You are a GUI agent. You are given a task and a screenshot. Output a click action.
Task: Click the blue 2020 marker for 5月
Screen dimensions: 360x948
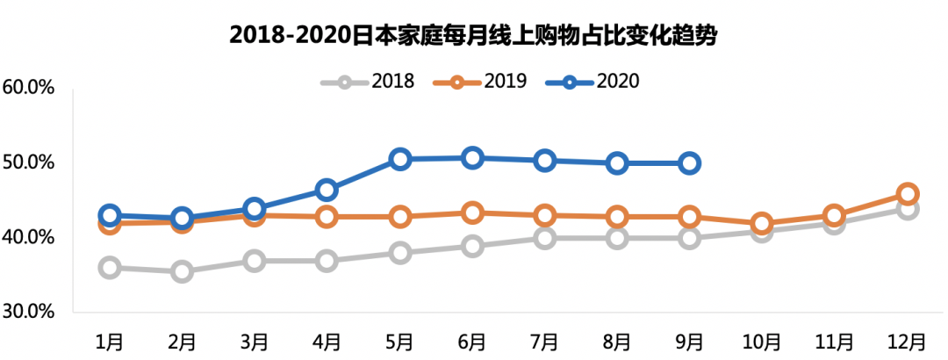coord(400,159)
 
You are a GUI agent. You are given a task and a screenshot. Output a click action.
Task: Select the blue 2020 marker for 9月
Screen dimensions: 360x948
coord(690,162)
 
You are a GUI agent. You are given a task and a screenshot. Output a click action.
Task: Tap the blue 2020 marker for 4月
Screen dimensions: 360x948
coord(327,190)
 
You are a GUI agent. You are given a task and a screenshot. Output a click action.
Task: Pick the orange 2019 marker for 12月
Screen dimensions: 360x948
coord(908,194)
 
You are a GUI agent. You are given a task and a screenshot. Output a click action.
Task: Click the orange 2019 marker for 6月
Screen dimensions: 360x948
coord(472,212)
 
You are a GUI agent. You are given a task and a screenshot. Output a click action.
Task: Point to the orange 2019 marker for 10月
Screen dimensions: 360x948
coord(762,224)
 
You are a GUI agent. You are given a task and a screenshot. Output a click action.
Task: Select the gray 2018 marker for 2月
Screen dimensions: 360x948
coord(182,271)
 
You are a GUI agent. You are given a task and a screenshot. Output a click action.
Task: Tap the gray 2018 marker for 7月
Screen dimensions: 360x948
coord(545,238)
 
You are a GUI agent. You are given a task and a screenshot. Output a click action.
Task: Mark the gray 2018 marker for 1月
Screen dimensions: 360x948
coord(110,268)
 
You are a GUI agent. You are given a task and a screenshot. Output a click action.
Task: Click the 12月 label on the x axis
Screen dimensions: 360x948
coord(908,341)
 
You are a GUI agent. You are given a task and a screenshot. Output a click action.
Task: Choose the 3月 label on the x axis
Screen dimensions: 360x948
coord(255,341)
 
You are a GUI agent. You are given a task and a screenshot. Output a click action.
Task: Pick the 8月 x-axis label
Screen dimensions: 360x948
coord(617,341)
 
